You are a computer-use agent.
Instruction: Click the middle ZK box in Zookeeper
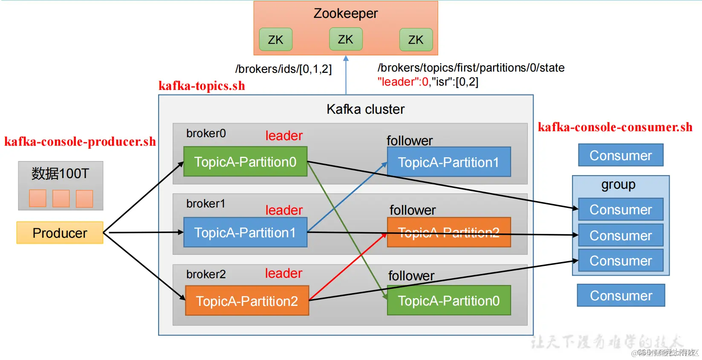[346, 39]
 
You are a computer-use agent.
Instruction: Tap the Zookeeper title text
[346, 14]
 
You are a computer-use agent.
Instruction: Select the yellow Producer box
[60, 233]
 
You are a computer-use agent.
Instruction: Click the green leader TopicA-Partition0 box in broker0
[245, 161]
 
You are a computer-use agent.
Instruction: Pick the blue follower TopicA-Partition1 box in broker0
[448, 162]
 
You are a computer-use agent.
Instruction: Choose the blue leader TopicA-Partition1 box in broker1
[245, 232]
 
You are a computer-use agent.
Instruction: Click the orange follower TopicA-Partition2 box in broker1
[448, 232]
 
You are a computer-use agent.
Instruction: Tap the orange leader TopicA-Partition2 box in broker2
[247, 301]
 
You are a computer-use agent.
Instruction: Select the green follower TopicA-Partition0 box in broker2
[448, 300]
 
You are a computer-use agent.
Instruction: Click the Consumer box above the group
[621, 155]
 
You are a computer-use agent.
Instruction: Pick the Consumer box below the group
[621, 295]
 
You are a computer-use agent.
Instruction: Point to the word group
[618, 184]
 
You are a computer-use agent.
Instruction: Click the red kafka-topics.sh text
[202, 86]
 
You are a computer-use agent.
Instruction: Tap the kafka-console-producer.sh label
[80, 141]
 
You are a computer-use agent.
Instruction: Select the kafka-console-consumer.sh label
[615, 127]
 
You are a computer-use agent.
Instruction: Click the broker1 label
[205, 204]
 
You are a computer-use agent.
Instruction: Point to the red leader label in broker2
[283, 273]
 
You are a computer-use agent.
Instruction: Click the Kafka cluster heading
[365, 109]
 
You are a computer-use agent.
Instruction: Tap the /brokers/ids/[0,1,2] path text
[283, 69]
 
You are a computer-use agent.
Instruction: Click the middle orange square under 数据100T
[61, 199]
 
